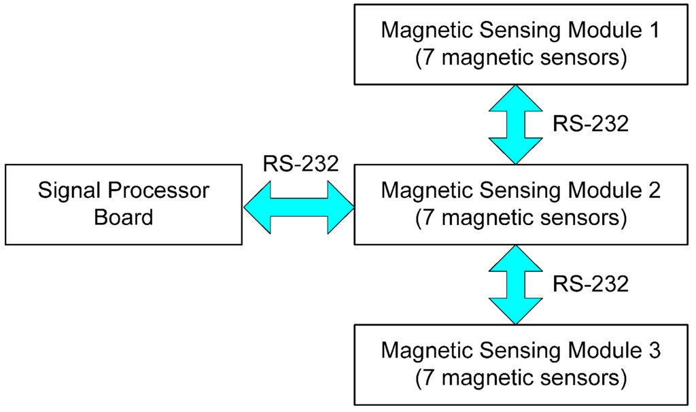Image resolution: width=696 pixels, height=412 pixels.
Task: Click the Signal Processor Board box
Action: (123, 204)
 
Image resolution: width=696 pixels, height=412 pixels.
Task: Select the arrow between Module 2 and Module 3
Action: (516, 284)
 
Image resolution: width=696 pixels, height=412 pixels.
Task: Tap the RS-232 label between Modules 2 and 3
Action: (590, 284)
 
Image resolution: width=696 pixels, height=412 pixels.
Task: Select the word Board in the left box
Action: (123, 218)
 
